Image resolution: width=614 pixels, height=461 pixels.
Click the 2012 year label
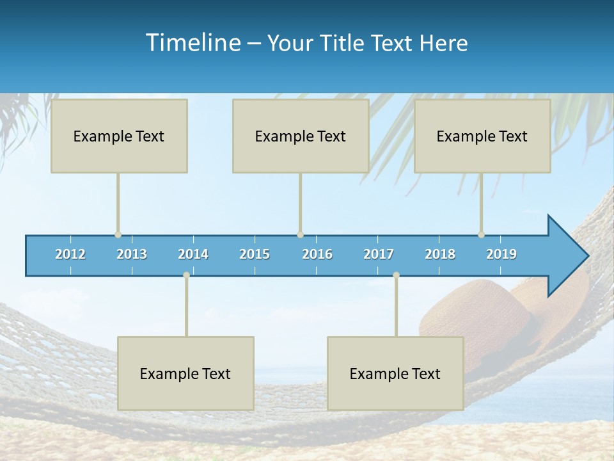(x=70, y=254)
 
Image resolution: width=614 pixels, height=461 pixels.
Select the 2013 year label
(x=132, y=254)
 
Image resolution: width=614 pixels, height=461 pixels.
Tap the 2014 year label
(x=193, y=254)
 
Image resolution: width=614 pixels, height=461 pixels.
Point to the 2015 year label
(x=255, y=254)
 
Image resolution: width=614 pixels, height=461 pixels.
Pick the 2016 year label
(x=317, y=254)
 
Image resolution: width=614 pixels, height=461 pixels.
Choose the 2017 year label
(x=379, y=254)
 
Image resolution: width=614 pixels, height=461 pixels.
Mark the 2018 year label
(x=440, y=254)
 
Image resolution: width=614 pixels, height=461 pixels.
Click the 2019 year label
(x=501, y=254)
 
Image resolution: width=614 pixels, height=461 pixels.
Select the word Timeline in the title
(x=193, y=43)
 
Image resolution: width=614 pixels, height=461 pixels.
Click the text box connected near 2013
(x=119, y=136)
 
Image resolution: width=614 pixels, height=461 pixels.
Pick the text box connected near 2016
(x=301, y=136)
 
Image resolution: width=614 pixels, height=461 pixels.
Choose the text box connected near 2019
(x=482, y=136)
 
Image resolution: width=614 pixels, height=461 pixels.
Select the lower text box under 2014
(x=185, y=373)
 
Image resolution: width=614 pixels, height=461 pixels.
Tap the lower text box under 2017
(x=395, y=373)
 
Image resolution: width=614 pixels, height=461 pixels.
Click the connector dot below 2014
(x=186, y=275)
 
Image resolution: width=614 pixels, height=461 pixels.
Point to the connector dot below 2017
(x=396, y=275)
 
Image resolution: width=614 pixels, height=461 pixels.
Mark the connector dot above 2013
(x=118, y=234)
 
